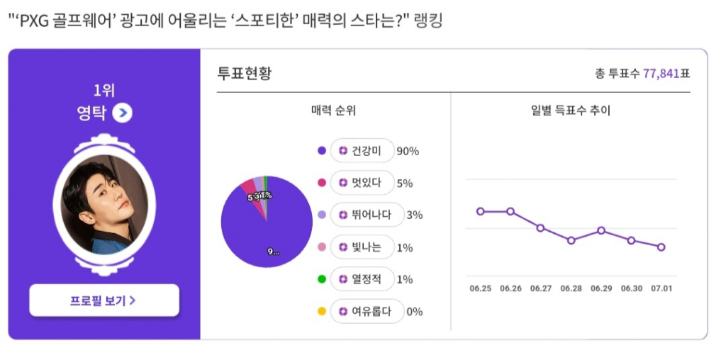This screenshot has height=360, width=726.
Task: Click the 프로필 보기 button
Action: click(x=104, y=300)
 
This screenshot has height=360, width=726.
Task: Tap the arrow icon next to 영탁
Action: click(x=123, y=113)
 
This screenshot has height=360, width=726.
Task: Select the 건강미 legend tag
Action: click(x=362, y=151)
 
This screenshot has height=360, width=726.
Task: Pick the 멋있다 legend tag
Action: click(x=362, y=183)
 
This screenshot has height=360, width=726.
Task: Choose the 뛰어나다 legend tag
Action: click(x=367, y=215)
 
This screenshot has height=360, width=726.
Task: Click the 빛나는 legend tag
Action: click(x=362, y=247)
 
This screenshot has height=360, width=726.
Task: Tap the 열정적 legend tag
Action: click(x=362, y=279)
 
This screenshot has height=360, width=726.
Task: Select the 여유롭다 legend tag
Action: click(x=367, y=311)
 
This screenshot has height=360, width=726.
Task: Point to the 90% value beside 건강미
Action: click(x=408, y=151)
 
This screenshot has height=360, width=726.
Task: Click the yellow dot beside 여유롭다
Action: click(x=322, y=311)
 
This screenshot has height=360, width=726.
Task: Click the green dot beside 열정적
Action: click(x=322, y=279)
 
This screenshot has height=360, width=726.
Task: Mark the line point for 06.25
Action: click(x=481, y=211)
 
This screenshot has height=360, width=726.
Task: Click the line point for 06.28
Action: click(x=571, y=240)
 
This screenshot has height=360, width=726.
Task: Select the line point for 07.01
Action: click(x=661, y=247)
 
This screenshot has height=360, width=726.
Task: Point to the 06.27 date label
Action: click(x=540, y=288)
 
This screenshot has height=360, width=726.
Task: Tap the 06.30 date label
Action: click(x=631, y=288)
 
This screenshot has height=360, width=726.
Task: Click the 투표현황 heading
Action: click(x=244, y=73)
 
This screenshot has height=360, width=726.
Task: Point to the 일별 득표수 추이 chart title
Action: click(x=570, y=111)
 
